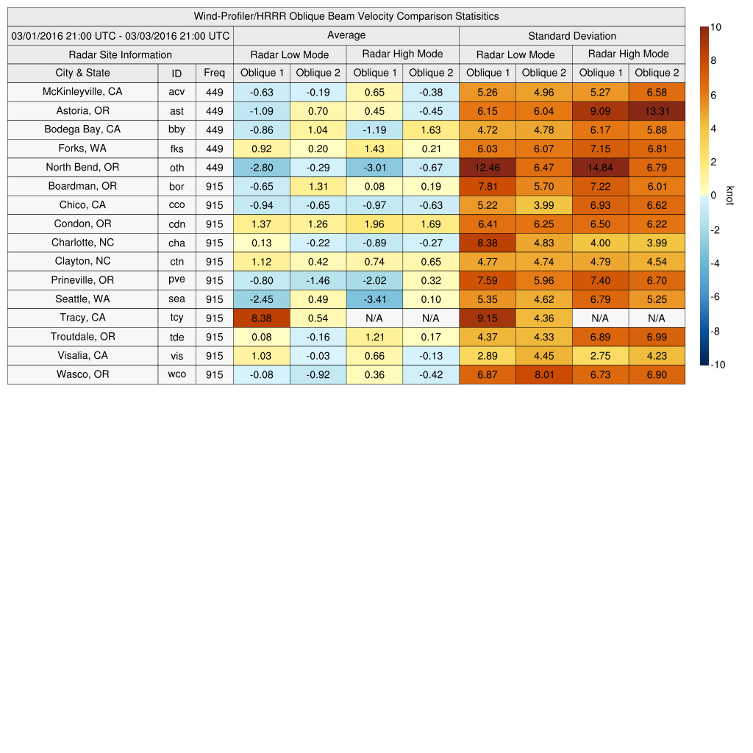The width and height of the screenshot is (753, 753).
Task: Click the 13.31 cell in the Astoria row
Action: click(657, 111)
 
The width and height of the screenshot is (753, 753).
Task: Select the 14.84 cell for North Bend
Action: click(601, 168)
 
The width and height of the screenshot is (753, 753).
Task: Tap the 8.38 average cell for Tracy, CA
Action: click(261, 318)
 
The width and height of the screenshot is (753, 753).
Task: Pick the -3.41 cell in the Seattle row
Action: click(374, 299)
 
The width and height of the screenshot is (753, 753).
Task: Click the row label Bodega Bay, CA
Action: click(82, 129)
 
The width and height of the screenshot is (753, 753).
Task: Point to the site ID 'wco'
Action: click(176, 374)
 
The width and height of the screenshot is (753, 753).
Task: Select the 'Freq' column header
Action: click(215, 73)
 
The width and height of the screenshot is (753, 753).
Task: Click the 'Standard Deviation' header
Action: click(572, 36)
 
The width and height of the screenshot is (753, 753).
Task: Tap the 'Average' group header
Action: click(346, 35)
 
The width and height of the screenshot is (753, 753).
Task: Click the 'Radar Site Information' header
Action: click(120, 54)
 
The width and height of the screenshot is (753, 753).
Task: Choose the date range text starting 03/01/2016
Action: click(120, 35)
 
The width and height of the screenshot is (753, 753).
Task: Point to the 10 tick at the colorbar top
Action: click(715, 27)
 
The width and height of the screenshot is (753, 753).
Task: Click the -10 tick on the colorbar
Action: click(718, 365)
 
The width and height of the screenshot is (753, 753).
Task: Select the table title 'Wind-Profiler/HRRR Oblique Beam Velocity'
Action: click(346, 16)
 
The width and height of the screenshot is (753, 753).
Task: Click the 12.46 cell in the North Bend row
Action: click(487, 168)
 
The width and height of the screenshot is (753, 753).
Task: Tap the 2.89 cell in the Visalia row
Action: click(487, 356)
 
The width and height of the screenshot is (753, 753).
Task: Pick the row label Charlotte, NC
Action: click(82, 243)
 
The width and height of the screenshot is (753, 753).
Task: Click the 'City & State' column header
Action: click(82, 73)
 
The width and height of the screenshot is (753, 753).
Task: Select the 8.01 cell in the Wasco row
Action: click(543, 374)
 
